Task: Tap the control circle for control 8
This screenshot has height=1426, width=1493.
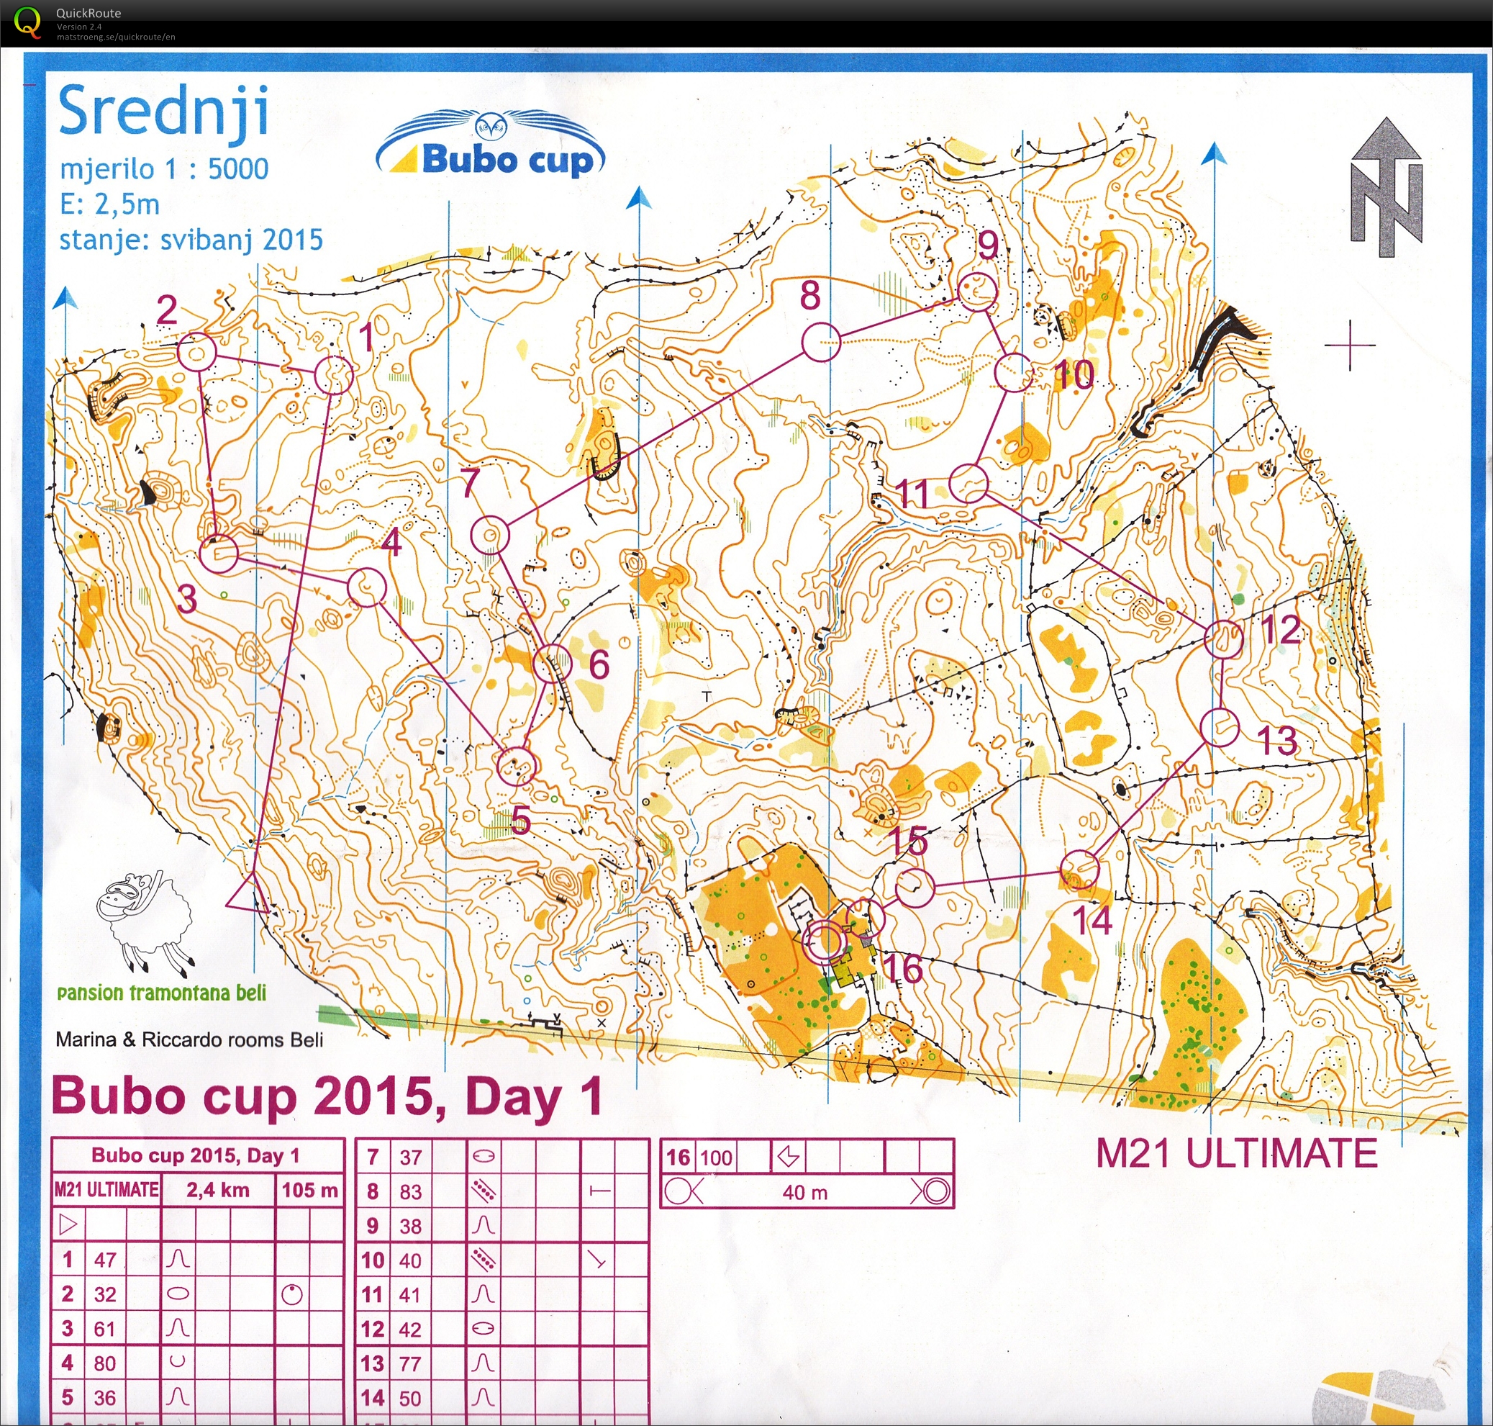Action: [x=820, y=342]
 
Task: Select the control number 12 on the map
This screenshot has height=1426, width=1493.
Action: [x=1281, y=629]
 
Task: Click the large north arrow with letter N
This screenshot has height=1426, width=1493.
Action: [x=1386, y=189]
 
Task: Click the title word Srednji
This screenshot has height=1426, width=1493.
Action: [x=163, y=112]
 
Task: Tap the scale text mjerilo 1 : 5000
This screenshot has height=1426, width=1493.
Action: [x=164, y=168]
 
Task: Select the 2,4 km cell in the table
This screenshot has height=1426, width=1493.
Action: [x=217, y=1191]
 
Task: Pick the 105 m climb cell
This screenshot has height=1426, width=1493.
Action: [x=309, y=1191]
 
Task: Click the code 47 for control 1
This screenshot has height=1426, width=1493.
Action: [x=105, y=1260]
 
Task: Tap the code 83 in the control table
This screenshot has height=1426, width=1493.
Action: [x=410, y=1191]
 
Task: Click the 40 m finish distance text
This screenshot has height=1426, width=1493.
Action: [x=804, y=1192]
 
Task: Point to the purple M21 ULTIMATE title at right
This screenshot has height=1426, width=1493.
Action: [x=1236, y=1153]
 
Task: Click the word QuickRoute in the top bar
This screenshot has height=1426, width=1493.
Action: [x=88, y=13]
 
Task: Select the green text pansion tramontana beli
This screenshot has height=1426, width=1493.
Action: [x=162, y=993]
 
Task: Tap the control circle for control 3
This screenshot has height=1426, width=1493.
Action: [x=218, y=553]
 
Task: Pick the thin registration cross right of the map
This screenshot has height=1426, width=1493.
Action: [x=1349, y=345]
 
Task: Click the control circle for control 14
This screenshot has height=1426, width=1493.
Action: [x=1078, y=870]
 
